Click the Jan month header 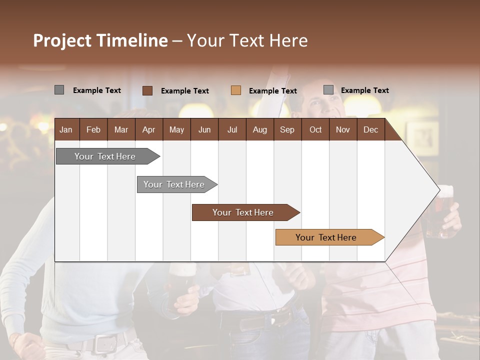click(x=66, y=129)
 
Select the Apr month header click(x=149, y=129)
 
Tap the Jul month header click(x=232, y=129)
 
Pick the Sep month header click(x=287, y=129)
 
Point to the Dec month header click(x=370, y=129)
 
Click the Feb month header click(x=93, y=129)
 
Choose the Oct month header click(x=315, y=129)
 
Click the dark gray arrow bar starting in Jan click(x=105, y=156)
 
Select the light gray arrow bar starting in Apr click(x=174, y=184)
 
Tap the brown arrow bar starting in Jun click(x=243, y=212)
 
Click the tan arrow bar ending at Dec click(x=326, y=237)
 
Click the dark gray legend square click(x=59, y=90)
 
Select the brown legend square click(x=147, y=90)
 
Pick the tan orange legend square click(x=236, y=90)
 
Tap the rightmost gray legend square click(x=328, y=90)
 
